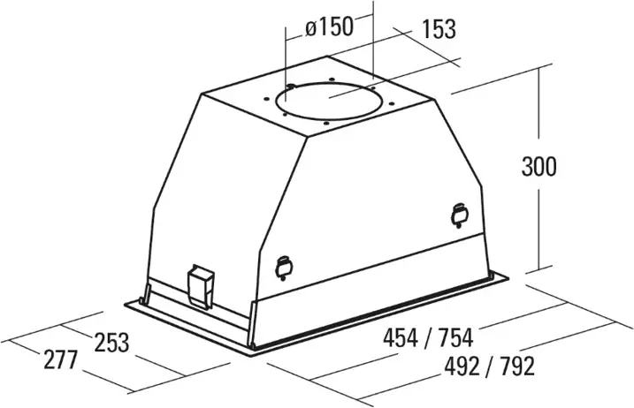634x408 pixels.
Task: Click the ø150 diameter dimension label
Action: pyautogui.click(x=329, y=27)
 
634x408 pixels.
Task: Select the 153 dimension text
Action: pyautogui.click(x=439, y=29)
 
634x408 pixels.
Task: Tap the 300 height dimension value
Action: pyautogui.click(x=539, y=166)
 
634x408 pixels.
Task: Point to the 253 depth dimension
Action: pyautogui.click(x=111, y=342)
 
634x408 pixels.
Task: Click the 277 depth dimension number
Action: pyautogui.click(x=60, y=359)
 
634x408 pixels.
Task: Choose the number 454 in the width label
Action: pyautogui.click(x=401, y=338)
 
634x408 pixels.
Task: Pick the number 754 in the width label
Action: pyautogui.click(x=454, y=338)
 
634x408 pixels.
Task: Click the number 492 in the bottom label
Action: pyautogui.click(x=462, y=366)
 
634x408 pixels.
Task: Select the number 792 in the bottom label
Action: pyautogui.click(x=517, y=366)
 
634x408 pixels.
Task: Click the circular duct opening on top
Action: pyautogui.click(x=328, y=101)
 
